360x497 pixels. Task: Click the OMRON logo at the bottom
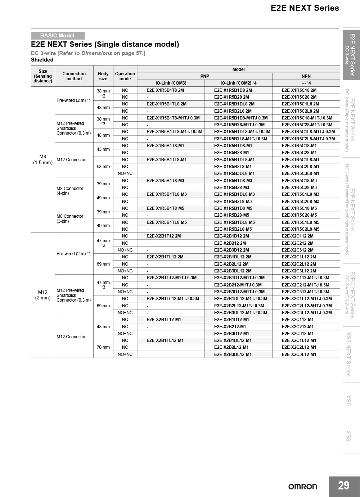[302, 487]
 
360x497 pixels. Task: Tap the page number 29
[344, 486]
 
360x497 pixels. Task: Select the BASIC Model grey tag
[58, 36]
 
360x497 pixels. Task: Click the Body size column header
[103, 76]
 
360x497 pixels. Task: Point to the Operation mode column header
[125, 76]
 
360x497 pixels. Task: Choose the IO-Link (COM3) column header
[171, 83]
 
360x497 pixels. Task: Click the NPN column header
[306, 76]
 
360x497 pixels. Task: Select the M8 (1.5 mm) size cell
[43, 159]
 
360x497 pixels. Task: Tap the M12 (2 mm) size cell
[43, 295]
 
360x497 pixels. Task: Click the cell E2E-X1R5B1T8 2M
[165, 90]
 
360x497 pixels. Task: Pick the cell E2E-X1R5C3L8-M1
[300, 173]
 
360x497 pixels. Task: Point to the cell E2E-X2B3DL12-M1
[233, 354]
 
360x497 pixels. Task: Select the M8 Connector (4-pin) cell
[70, 191]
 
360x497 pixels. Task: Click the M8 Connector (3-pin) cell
[70, 219]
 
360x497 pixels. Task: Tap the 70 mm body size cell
[103, 347]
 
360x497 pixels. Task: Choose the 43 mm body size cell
[103, 149]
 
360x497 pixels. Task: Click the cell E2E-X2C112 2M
[297, 236]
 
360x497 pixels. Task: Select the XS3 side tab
[348, 435]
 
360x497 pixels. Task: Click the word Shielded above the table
[42, 60]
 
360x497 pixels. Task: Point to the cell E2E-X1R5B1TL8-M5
[167, 222]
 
